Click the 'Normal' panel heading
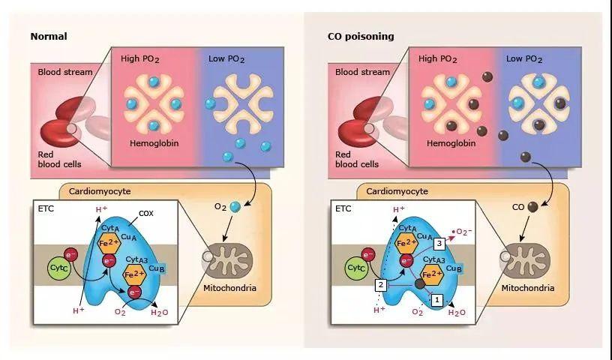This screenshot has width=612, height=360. tap(49, 36)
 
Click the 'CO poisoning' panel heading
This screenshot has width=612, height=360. tap(361, 36)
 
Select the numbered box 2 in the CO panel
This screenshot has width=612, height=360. tap(381, 284)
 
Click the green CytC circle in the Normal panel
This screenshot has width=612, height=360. tap(60, 266)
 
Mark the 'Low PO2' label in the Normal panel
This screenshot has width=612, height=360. tap(230, 58)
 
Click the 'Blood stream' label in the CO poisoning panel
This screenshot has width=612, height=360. tap(363, 73)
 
